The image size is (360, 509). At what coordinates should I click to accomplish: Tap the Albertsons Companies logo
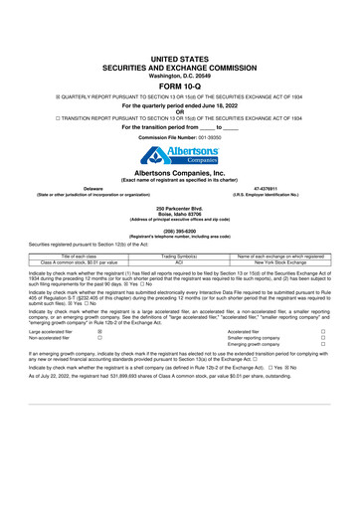[x=180, y=156]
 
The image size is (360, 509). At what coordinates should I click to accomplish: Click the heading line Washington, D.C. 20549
[x=180, y=46]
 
